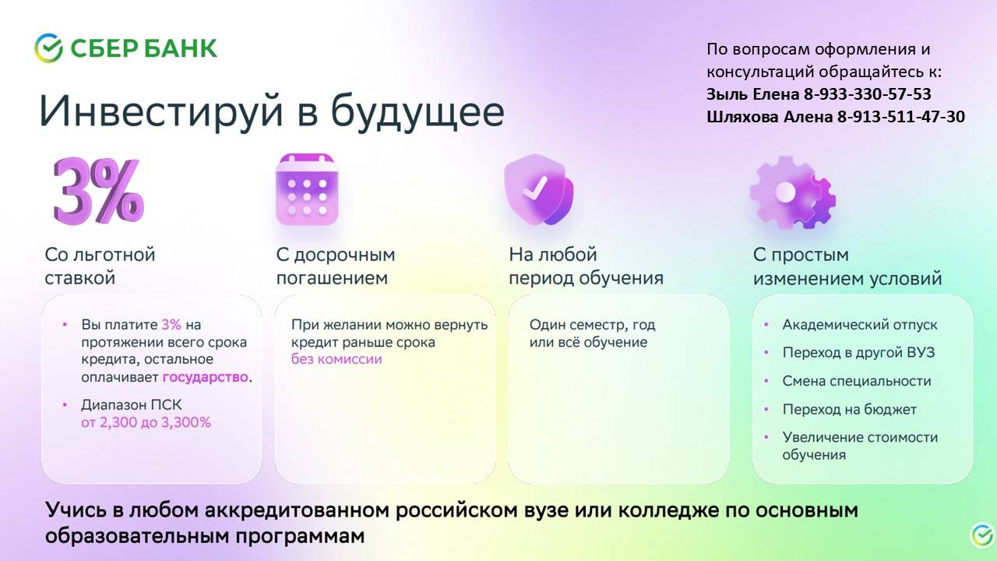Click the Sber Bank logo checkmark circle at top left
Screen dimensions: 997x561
pyautogui.click(x=48, y=48)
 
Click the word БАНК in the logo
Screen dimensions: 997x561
pyautogui.click(x=181, y=48)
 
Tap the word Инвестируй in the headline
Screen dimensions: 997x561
pyautogui.click(x=161, y=111)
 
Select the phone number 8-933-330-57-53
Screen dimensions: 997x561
pyautogui.click(x=868, y=94)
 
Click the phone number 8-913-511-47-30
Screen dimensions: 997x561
pyautogui.click(x=901, y=117)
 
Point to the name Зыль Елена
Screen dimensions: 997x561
pyautogui.click(x=753, y=94)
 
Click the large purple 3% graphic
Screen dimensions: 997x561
pyautogui.click(x=99, y=191)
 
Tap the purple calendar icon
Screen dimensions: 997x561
pyautogui.click(x=307, y=189)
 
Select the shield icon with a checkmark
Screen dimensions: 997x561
pyautogui.click(x=539, y=189)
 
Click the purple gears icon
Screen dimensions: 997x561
pyautogui.click(x=793, y=192)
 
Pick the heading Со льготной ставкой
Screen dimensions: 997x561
pyautogui.click(x=100, y=266)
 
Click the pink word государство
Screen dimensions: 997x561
pyautogui.click(x=205, y=377)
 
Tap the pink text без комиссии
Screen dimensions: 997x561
pyautogui.click(x=336, y=359)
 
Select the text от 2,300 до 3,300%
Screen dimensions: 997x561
pyautogui.click(x=146, y=422)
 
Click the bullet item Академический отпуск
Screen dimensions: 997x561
pyautogui.click(x=860, y=325)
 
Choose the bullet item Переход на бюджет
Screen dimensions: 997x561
pyautogui.click(x=850, y=409)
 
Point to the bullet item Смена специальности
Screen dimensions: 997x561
pyautogui.click(x=857, y=381)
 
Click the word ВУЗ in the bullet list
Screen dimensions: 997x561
pyautogui.click(x=920, y=352)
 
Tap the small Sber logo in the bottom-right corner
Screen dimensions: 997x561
pyautogui.click(x=981, y=535)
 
